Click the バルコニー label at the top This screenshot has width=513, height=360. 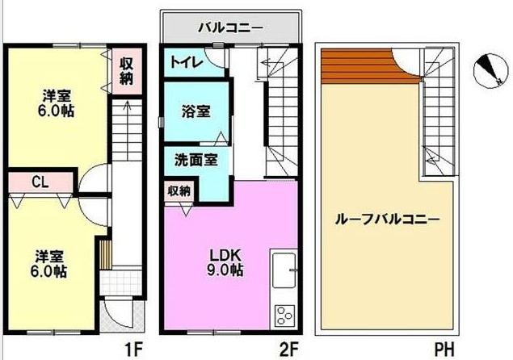(230, 29)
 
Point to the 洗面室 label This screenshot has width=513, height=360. (196, 160)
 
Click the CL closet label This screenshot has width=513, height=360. (38, 182)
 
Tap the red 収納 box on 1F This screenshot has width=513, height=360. (125, 71)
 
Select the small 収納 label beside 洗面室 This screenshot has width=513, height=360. (179, 191)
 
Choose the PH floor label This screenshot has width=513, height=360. (442, 350)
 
